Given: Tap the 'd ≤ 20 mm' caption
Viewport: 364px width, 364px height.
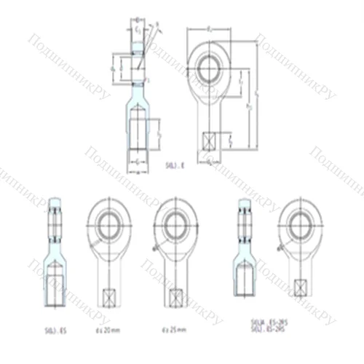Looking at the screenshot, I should pos(107,330).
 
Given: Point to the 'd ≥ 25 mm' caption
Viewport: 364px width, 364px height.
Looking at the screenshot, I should pos(172,330).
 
